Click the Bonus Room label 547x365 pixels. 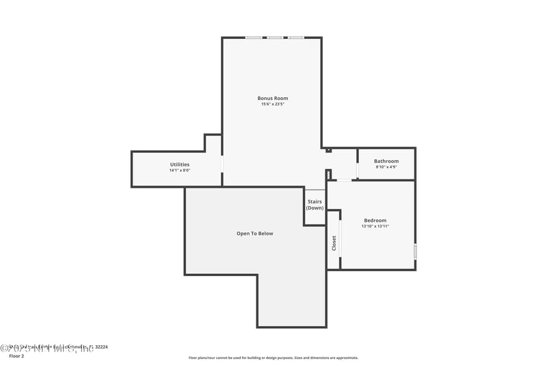click(272, 98)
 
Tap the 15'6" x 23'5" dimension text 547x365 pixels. click(272, 104)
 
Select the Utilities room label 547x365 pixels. click(180, 164)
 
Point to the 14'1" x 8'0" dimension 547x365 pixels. click(180, 171)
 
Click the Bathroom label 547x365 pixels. click(386, 161)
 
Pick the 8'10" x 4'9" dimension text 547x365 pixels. click(386, 167)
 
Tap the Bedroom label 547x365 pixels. click(375, 220)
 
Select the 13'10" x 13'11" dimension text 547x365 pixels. click(375, 226)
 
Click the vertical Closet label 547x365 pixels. click(334, 243)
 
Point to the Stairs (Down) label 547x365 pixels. click(315, 204)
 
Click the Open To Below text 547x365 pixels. click(254, 234)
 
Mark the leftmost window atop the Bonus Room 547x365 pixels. click(254, 38)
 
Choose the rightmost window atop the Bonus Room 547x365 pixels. click(296, 38)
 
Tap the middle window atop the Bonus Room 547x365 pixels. click(275, 38)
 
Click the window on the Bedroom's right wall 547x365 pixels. click(415, 251)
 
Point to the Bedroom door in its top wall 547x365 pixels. click(343, 180)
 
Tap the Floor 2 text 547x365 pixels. click(16, 356)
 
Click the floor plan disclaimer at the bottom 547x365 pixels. click(273, 357)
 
